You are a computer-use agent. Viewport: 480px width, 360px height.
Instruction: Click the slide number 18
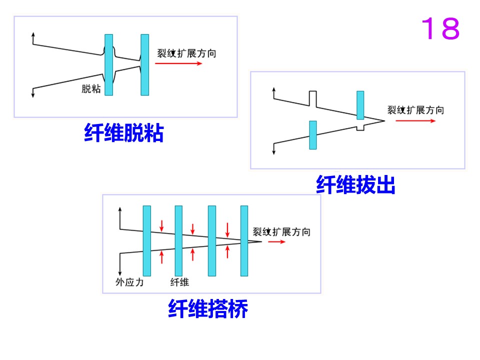(x=440, y=28)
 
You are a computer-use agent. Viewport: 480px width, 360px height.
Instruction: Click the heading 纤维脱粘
(x=124, y=133)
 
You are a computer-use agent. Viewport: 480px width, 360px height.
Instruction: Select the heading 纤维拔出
(x=355, y=184)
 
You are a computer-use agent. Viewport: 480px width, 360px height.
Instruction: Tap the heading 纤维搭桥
(x=208, y=308)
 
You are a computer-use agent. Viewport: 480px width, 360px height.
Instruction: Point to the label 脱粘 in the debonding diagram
(x=91, y=89)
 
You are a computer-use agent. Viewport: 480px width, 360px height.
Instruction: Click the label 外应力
(x=129, y=282)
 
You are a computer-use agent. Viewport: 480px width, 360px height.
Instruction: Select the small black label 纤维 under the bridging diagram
(x=179, y=282)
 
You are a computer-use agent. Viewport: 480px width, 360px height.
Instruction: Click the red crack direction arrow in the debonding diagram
(x=178, y=63)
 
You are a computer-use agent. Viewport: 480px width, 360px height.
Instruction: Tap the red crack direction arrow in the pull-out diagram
(x=415, y=121)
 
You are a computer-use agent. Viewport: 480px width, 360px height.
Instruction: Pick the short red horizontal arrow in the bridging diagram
(x=276, y=242)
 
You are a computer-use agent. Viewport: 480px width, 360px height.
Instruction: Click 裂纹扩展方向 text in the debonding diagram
(x=186, y=53)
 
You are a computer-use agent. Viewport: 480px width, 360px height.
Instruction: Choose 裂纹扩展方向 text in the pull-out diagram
(x=415, y=110)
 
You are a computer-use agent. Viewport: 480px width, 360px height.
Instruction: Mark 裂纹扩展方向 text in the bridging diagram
(x=281, y=231)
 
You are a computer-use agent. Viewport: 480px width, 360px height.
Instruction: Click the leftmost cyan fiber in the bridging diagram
(x=147, y=241)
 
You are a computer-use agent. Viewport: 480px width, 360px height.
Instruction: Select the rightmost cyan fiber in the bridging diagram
(x=244, y=241)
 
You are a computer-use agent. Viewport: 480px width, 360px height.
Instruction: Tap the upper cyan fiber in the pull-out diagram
(x=360, y=105)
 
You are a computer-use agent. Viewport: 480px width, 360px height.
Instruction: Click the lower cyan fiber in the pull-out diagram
(x=313, y=135)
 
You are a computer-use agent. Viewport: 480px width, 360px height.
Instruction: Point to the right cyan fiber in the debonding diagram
(x=145, y=65)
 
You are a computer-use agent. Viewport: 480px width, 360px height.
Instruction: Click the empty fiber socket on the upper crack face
(x=312, y=98)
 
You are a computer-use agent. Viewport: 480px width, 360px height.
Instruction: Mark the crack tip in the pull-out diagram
(x=384, y=121)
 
